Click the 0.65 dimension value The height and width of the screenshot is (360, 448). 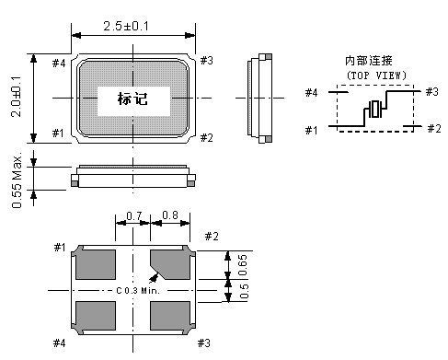[244, 264]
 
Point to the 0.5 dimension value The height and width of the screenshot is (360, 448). [244, 292]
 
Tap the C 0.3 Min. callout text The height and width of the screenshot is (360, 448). [139, 291]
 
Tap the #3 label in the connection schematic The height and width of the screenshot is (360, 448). [432, 91]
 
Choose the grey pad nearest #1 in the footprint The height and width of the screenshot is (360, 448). [95, 265]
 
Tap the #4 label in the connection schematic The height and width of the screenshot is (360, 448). [313, 92]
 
